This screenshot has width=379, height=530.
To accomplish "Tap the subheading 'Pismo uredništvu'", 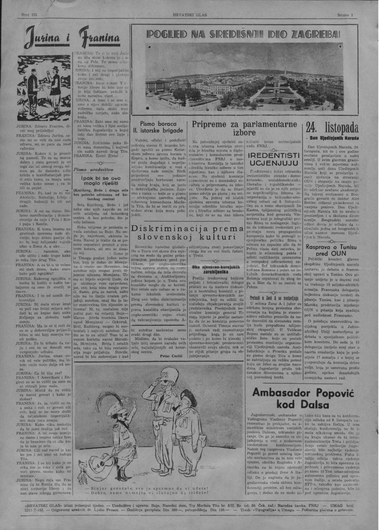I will pos(94,170).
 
